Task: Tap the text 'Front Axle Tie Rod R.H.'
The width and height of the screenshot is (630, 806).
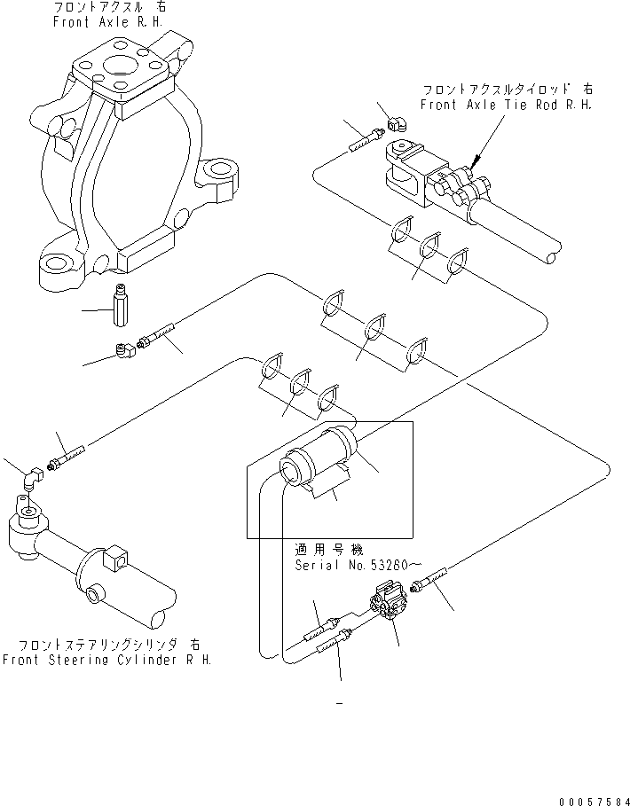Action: [507, 105]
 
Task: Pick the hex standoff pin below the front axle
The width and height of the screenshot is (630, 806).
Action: [122, 305]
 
